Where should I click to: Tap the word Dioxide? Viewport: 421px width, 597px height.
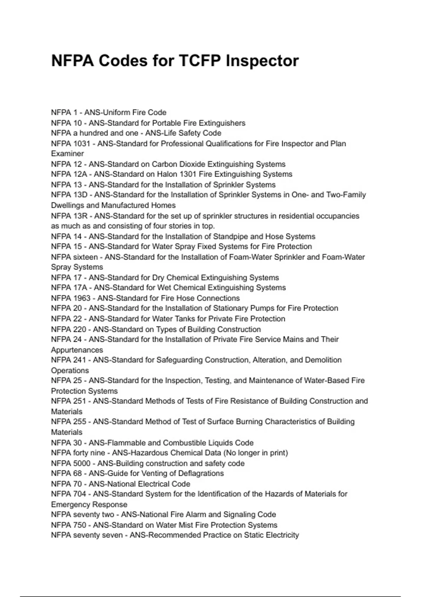coord(192,164)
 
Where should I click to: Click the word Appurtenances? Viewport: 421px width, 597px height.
coord(77,350)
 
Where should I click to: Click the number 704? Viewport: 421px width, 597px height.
coord(80,494)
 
